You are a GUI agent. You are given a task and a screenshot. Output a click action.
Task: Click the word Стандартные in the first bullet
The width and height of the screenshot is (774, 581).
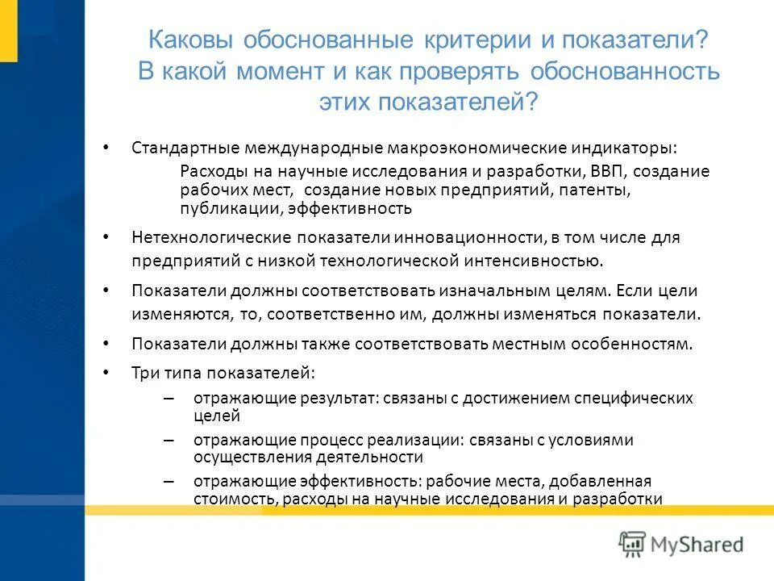pyautogui.click(x=182, y=148)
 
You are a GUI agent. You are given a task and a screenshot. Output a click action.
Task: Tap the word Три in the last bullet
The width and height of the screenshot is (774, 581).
pyautogui.click(x=144, y=374)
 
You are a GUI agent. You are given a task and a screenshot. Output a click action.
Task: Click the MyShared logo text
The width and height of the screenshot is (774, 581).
pyautogui.click(x=698, y=544)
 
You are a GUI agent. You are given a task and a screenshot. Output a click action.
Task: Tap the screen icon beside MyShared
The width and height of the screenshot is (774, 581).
pyautogui.click(x=633, y=543)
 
